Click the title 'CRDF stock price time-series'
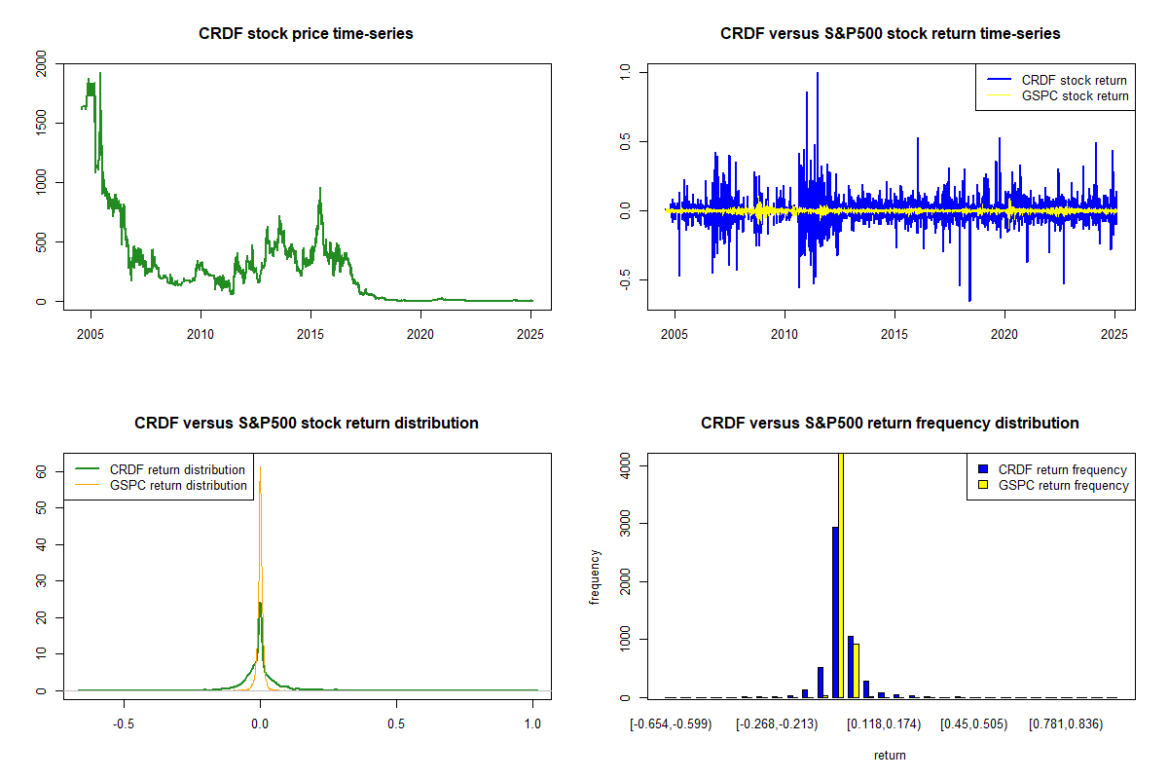[x=306, y=33]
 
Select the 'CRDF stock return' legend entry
[x=1057, y=80]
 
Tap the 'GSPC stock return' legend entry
[x=1058, y=95]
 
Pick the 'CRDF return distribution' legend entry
[x=160, y=469]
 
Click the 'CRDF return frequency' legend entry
[x=1053, y=469]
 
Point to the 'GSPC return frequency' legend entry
[x=1054, y=485]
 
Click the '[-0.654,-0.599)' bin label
[x=671, y=724]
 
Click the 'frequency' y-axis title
[x=594, y=576]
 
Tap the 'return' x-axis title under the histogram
[x=890, y=755]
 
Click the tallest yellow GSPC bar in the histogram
[x=841, y=575]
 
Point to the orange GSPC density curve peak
[x=260, y=467]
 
